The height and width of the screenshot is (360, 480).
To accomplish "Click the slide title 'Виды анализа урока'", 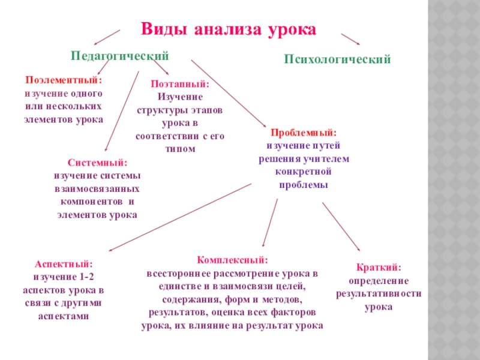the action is click(228, 29).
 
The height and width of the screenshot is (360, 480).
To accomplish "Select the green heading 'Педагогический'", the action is click(120, 55).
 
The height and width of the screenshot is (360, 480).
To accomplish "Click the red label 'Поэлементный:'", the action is click(64, 80).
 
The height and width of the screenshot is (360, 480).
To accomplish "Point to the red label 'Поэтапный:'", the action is click(180, 85).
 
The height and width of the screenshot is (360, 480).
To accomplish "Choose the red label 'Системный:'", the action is click(97, 163).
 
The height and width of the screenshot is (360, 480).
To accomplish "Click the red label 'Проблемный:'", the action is click(304, 132).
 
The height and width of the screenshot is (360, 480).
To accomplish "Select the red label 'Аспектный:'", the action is click(63, 263).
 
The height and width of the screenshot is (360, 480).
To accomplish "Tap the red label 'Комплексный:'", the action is click(232, 260).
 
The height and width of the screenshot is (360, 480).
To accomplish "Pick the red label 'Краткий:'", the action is click(379, 268).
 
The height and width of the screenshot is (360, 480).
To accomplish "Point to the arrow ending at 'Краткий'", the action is click(341, 226).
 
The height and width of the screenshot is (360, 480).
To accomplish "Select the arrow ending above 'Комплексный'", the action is click(271, 222).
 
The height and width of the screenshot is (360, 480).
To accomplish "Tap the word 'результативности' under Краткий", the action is click(379, 294).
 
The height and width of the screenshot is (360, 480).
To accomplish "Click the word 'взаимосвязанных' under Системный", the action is click(97, 188).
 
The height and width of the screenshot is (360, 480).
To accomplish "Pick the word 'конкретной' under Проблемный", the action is click(304, 172).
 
